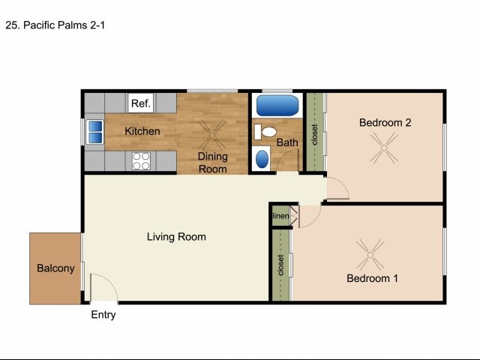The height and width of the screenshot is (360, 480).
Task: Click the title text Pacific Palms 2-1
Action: [x=55, y=24]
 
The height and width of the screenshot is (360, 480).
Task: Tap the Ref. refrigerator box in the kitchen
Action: [x=140, y=103]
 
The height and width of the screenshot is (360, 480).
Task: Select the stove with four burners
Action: [x=140, y=159]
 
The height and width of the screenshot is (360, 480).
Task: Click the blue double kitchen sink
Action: [x=96, y=131]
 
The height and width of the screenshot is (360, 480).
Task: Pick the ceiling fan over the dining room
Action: [x=212, y=135]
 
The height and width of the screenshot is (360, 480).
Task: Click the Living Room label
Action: [x=176, y=237]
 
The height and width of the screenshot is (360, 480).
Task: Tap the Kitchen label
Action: [x=142, y=131]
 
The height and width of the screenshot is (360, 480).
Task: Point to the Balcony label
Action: [x=55, y=268]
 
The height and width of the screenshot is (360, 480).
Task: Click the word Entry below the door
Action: [x=103, y=315]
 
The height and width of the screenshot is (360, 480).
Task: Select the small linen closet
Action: [x=280, y=216]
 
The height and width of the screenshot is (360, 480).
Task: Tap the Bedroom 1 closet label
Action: [x=280, y=265]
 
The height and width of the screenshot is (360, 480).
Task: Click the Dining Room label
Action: [x=212, y=163]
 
